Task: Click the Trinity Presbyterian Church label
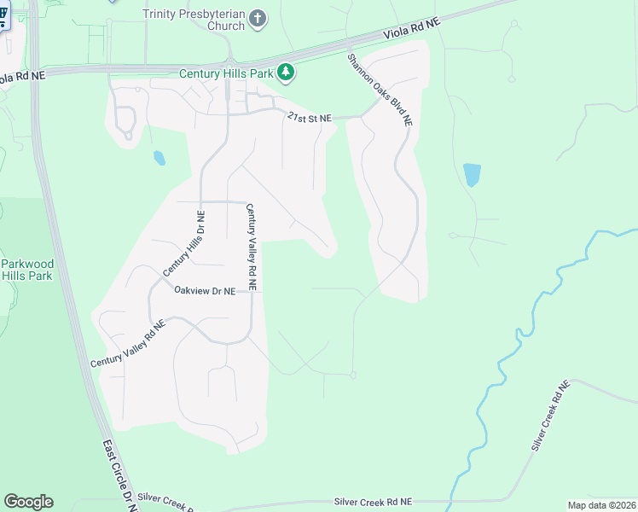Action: tap(194, 20)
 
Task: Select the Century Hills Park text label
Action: tap(226, 73)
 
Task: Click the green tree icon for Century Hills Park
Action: tap(287, 73)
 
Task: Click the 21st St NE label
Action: tap(309, 118)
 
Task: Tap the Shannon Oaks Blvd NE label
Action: tap(380, 90)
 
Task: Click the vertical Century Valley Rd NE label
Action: tap(253, 247)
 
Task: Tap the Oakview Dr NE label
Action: tap(204, 291)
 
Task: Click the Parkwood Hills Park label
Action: tap(26, 269)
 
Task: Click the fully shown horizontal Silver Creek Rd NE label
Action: tap(373, 502)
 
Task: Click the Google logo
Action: tap(28, 502)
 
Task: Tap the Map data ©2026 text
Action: tap(601, 505)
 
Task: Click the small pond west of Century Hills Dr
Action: tap(159, 158)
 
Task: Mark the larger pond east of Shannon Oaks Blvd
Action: tap(472, 174)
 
